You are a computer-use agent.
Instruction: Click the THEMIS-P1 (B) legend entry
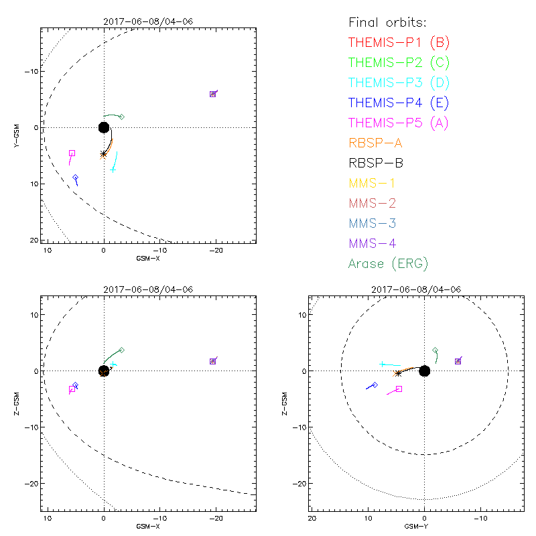[399, 43]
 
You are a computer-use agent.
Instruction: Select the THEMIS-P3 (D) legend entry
[399, 83]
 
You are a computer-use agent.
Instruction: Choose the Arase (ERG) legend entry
[388, 263]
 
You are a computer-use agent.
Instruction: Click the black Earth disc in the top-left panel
[104, 127]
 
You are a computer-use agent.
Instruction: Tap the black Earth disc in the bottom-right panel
[424, 371]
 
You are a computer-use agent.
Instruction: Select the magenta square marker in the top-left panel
[72, 153]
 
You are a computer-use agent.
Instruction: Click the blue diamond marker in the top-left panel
[76, 178]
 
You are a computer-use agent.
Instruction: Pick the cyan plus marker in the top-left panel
[113, 169]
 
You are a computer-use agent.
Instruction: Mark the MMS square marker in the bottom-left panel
[213, 361]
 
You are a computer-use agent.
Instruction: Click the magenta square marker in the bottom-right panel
[399, 389]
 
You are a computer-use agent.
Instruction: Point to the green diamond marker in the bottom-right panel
[435, 350]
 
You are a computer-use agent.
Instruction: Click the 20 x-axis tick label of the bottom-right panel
[312, 519]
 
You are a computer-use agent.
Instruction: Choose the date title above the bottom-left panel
[147, 289]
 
